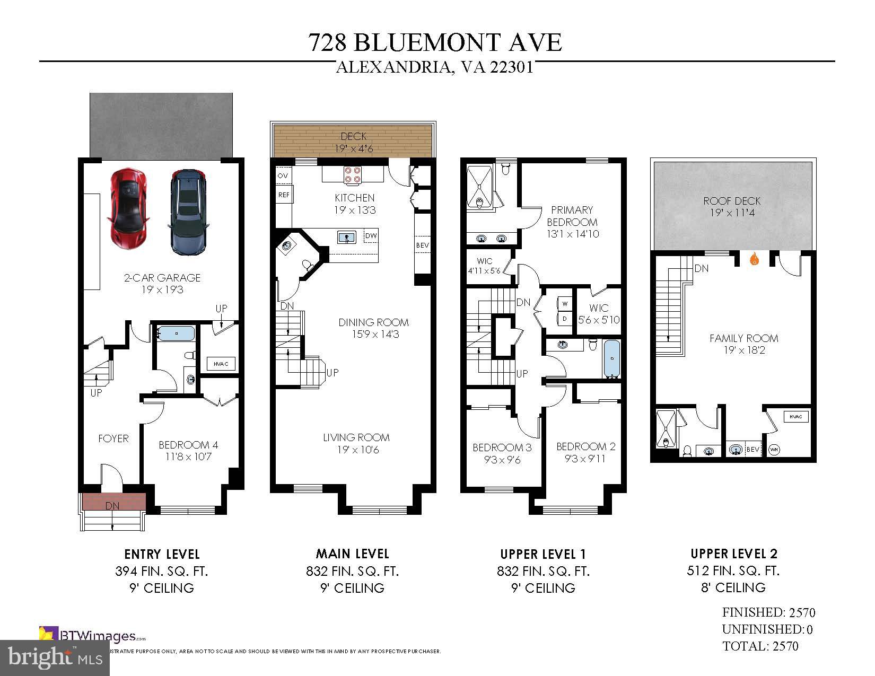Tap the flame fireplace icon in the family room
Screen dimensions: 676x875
click(x=754, y=260)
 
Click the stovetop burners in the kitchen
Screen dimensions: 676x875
click(x=353, y=174)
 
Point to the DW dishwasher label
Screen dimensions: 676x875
click(x=371, y=235)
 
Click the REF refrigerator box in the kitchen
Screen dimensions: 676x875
click(x=284, y=195)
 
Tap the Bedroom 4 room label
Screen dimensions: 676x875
click(x=188, y=445)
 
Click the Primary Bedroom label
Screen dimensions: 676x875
click(x=572, y=216)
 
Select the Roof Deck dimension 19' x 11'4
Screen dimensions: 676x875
click(x=732, y=213)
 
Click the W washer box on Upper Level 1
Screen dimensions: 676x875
click(x=565, y=304)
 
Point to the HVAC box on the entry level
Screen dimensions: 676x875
click(x=221, y=364)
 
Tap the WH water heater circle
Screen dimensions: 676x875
click(x=774, y=449)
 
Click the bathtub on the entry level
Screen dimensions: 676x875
click(x=177, y=333)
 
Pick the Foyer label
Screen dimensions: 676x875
click(x=113, y=438)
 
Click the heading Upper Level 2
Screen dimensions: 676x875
click(x=734, y=554)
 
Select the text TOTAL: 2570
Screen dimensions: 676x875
click(x=760, y=646)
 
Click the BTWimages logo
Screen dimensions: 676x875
click(x=93, y=636)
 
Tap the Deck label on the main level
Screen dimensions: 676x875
click(x=353, y=137)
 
